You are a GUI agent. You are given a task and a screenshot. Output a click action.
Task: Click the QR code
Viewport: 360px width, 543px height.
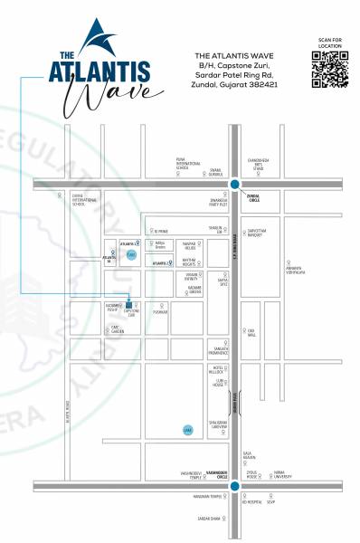tap(328, 71)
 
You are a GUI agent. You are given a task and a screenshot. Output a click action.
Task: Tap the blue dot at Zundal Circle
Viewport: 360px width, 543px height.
tap(234, 185)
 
